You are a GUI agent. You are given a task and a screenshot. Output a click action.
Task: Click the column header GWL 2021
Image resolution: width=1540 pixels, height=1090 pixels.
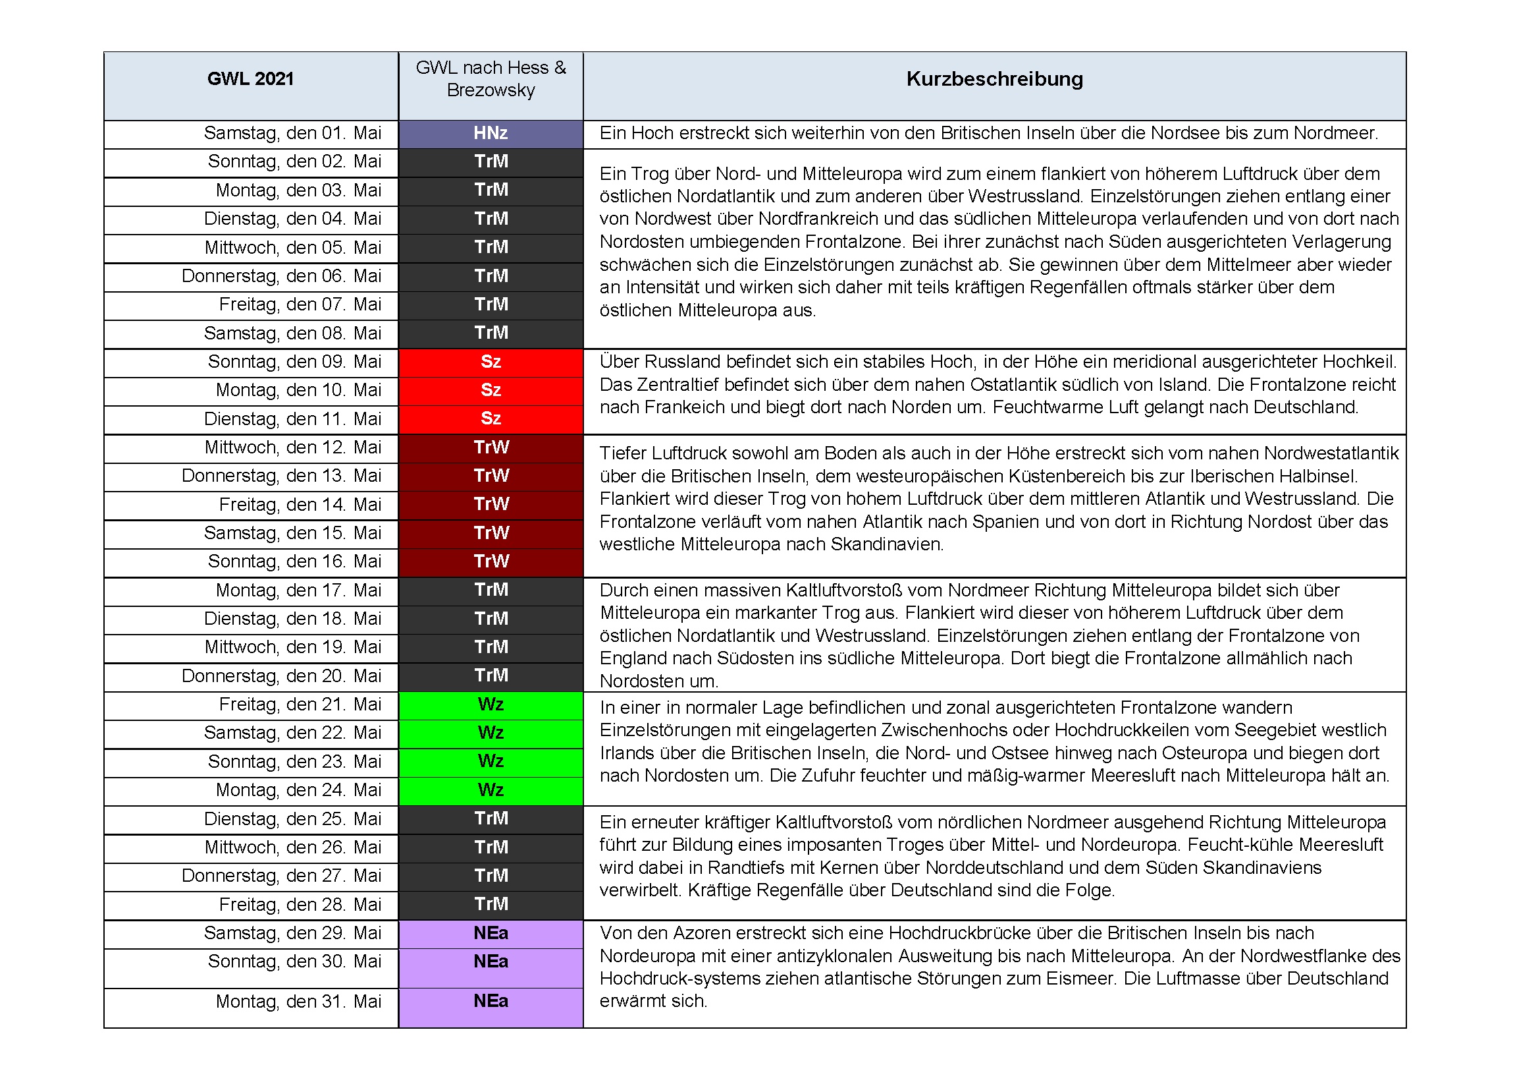click(250, 79)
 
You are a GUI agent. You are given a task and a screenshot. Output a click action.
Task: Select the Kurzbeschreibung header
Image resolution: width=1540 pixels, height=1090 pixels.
click(994, 79)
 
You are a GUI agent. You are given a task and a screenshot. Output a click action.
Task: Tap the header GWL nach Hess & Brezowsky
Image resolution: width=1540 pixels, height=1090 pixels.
click(491, 79)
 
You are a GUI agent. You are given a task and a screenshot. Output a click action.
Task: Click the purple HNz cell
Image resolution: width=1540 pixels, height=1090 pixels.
click(491, 133)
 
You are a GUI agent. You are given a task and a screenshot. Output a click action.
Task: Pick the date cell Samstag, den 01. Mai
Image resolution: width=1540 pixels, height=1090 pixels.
click(292, 133)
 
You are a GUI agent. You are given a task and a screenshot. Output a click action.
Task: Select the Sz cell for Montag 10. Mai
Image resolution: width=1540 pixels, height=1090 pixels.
click(491, 390)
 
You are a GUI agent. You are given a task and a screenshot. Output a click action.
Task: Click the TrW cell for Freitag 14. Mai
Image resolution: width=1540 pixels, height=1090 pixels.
click(491, 504)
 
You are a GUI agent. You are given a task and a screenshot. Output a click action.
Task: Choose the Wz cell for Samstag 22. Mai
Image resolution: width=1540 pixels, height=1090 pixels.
click(491, 733)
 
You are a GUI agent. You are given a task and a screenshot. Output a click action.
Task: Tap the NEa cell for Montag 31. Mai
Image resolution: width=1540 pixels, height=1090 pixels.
click(491, 1002)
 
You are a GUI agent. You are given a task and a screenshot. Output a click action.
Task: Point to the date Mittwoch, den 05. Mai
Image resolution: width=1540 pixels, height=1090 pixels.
click(292, 248)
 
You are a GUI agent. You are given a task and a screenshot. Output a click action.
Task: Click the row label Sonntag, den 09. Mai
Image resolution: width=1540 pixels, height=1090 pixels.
click(294, 362)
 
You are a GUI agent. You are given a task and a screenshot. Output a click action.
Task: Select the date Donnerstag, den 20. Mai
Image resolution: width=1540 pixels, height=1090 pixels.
click(281, 676)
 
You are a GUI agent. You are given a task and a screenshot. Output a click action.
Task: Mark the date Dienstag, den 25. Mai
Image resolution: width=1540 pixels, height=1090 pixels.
click(292, 819)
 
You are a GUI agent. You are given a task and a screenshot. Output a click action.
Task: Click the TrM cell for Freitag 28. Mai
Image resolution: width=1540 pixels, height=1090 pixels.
click(491, 904)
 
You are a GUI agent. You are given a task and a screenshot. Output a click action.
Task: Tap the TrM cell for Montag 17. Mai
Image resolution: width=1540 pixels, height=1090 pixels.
click(491, 590)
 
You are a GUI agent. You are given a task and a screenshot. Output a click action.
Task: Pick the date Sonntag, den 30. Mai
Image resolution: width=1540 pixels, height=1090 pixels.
click(294, 961)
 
